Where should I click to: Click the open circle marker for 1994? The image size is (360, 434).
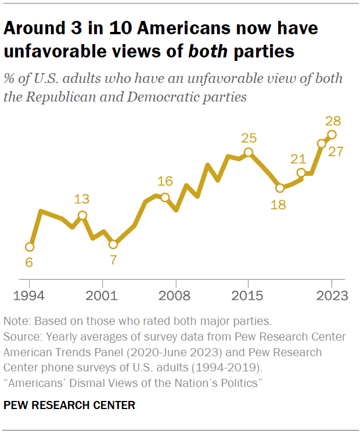coord(30,247)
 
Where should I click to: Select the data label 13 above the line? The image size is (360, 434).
coord(82,200)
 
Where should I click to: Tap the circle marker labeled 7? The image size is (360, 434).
coord(113,244)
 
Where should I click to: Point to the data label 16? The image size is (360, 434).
coord(165,181)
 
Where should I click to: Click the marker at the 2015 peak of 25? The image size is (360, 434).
coord(249,153)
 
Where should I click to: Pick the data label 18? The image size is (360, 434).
coord(279,204)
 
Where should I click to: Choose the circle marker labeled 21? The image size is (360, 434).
coord(301,173)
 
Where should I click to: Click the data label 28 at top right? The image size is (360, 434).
coord(333,121)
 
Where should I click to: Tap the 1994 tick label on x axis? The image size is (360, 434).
coord(30,295)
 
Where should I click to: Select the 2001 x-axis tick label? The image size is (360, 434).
coord(103,295)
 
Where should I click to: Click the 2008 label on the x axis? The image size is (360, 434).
coord(175,295)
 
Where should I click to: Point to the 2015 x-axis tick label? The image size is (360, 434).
coord(248,295)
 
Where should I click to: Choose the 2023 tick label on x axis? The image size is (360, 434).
coord(332,295)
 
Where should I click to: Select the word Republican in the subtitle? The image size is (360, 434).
coord(57,96)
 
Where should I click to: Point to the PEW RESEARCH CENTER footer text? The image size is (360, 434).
coord(69,405)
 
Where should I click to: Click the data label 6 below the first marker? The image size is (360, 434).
coord(28,263)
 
